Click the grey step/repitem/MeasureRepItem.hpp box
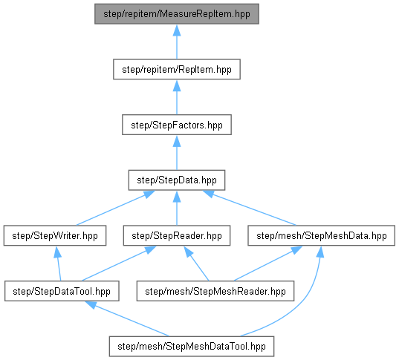[177, 13]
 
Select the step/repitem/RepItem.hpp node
[177, 69]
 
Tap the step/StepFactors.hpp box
[177, 125]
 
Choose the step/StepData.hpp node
[177, 180]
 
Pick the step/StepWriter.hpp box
[55, 235]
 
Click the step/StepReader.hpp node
[177, 235]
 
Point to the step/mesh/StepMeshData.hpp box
[322, 235]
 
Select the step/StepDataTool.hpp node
[62, 291]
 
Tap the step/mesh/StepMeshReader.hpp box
[215, 291]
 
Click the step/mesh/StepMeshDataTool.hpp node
[192, 347]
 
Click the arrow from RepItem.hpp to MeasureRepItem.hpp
[177, 42]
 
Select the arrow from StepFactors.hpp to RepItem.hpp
[177, 96]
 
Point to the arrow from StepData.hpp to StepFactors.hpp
[177, 152]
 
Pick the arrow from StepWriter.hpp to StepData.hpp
[115, 208]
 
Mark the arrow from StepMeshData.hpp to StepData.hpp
[249, 208]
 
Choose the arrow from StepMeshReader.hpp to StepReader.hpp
[196, 264]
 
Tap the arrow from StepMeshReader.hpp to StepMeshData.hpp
[268, 264]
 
